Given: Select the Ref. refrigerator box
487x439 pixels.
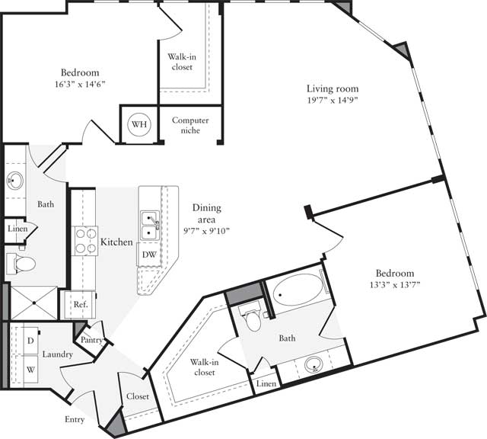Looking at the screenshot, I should click(x=80, y=304).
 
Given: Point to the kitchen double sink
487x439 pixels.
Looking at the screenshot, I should click(x=149, y=225).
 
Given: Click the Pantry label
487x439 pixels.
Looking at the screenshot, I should click(x=93, y=340).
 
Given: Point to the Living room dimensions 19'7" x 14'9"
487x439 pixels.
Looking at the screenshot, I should click(x=332, y=100).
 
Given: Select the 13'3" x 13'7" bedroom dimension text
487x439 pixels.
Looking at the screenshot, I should click(x=393, y=286).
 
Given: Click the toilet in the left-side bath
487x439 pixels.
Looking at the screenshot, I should click(x=24, y=264).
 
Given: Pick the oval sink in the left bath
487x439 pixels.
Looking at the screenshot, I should click(x=14, y=182).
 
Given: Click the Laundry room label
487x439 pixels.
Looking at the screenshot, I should click(x=57, y=354).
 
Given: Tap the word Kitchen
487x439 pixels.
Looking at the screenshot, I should click(x=116, y=242).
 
